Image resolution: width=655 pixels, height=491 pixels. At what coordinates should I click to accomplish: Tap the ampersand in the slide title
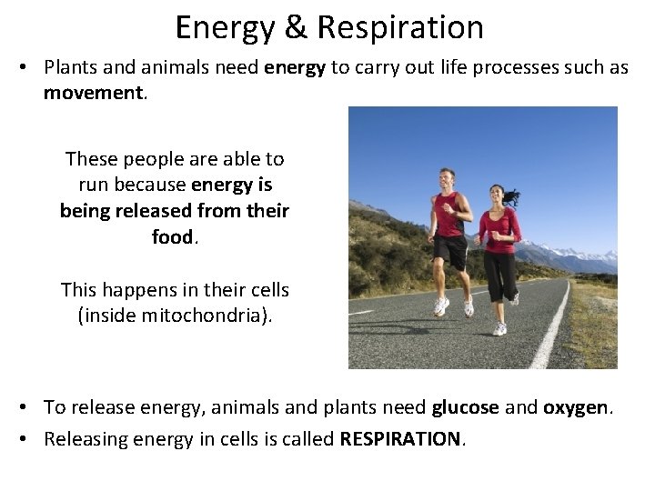(296, 27)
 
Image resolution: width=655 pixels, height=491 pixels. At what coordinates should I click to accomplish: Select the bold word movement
(94, 94)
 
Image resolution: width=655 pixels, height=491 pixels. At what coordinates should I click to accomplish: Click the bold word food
(172, 237)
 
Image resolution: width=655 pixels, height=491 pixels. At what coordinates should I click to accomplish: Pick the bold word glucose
(465, 407)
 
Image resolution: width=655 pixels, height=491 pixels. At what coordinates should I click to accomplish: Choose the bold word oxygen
(575, 407)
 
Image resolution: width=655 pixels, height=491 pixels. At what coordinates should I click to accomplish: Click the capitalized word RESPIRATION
(400, 439)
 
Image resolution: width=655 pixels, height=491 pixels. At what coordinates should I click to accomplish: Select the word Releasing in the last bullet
(87, 439)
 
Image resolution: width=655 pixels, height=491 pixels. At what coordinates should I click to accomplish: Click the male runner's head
(447, 177)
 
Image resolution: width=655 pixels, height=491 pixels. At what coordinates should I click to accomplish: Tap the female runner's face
(497, 194)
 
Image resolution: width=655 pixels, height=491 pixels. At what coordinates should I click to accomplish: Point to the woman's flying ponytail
(512, 195)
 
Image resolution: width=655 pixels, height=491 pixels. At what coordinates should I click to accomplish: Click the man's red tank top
(448, 215)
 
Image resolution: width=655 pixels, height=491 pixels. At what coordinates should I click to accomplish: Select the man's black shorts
(450, 250)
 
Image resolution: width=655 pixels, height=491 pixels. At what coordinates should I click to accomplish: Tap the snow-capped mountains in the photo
(582, 255)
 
